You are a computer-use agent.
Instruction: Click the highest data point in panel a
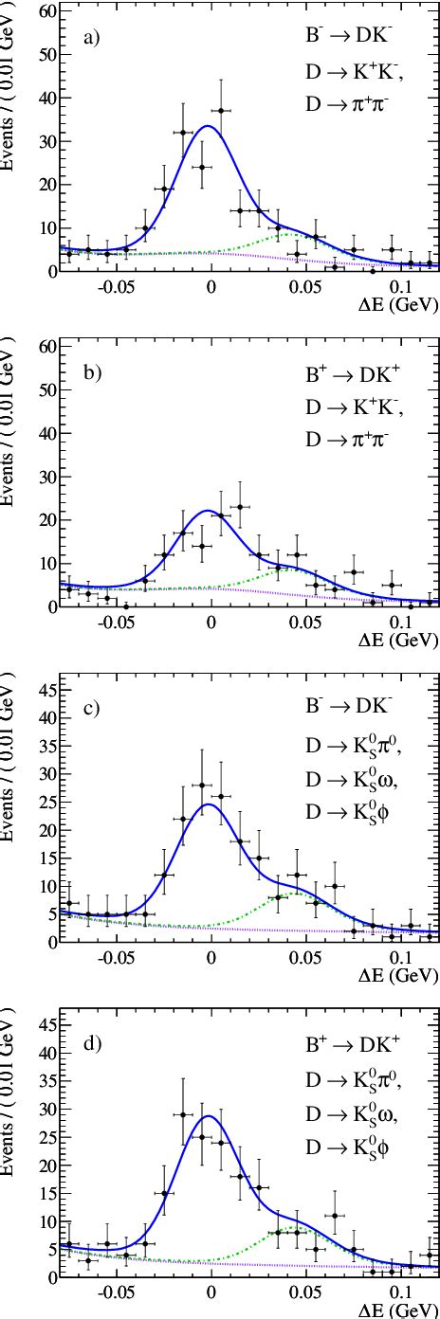221,111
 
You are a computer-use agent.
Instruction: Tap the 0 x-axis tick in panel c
211,957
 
